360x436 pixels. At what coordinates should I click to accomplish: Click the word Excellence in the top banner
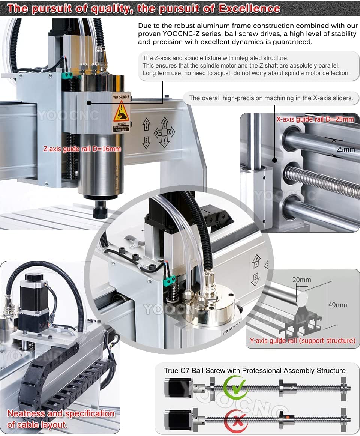point(249,8)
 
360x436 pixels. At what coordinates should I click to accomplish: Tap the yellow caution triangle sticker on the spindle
point(121,111)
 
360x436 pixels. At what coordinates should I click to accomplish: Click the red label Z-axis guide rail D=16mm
point(82,149)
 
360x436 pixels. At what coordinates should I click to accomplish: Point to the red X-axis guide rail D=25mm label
point(315,119)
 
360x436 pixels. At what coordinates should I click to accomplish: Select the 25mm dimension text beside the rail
point(345,149)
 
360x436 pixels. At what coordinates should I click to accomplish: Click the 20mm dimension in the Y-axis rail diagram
point(302,280)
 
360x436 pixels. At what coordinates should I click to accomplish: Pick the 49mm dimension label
point(337,305)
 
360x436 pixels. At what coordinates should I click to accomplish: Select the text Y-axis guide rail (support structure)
point(302,341)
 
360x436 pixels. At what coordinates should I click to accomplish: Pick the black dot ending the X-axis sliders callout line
point(275,160)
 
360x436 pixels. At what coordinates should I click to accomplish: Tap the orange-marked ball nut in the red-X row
point(288,417)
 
